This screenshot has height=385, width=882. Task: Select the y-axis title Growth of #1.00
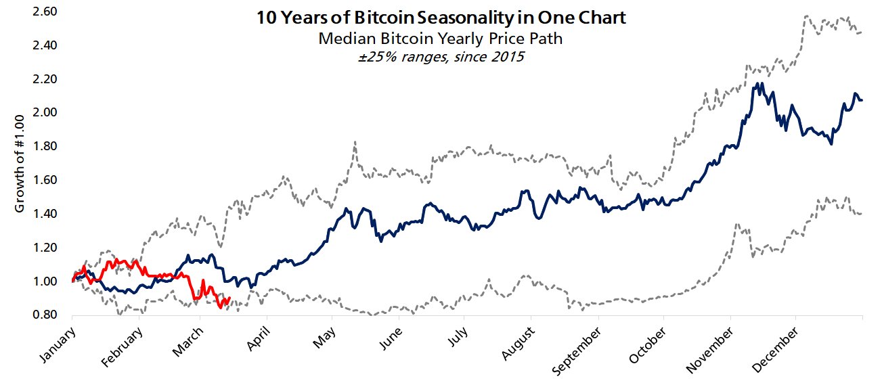pos(20,162)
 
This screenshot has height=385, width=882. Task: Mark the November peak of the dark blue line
pos(755,84)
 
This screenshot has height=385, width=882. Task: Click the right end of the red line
pos(229,298)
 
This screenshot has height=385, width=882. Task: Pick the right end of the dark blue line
pos(861,100)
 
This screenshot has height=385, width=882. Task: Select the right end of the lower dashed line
pos(861,214)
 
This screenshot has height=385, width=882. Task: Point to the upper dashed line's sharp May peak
pos(355,142)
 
